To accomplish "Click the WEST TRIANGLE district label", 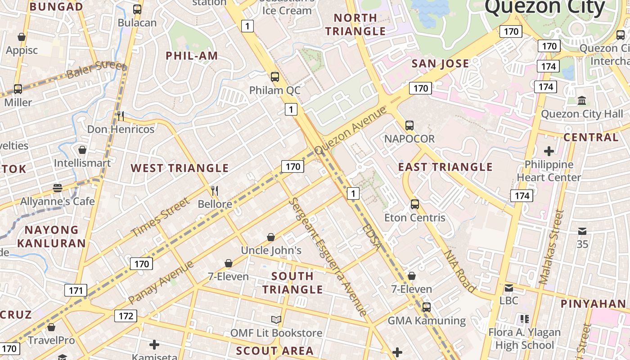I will pyautogui.click(x=180, y=168).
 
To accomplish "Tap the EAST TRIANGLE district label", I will pyautogui.click(x=445, y=167).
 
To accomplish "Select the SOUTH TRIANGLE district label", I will pyautogui.click(x=292, y=283).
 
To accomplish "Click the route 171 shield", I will pyautogui.click(x=76, y=290).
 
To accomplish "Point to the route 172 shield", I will pyautogui.click(x=126, y=316).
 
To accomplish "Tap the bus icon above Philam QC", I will pyautogui.click(x=275, y=77).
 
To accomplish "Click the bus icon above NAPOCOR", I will pyautogui.click(x=409, y=126).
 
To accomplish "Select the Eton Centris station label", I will pyautogui.click(x=414, y=218).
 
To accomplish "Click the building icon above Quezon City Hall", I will pyautogui.click(x=581, y=100).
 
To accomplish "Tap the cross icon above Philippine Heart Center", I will pyautogui.click(x=549, y=151).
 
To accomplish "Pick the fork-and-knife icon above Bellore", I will pyautogui.click(x=215, y=191).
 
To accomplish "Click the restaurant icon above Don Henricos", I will pyautogui.click(x=120, y=116).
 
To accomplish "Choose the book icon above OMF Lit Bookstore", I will pyautogui.click(x=276, y=319).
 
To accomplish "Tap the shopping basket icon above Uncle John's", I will pyautogui.click(x=271, y=237).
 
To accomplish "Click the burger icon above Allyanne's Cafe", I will pyautogui.click(x=57, y=188).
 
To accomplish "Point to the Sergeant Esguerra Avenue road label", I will pyautogui.click(x=328, y=256).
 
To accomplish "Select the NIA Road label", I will pyautogui.click(x=460, y=271).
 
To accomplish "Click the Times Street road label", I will pyautogui.click(x=161, y=217).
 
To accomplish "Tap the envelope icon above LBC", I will pyautogui.click(x=508, y=288).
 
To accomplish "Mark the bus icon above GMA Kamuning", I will pyautogui.click(x=426, y=307).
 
